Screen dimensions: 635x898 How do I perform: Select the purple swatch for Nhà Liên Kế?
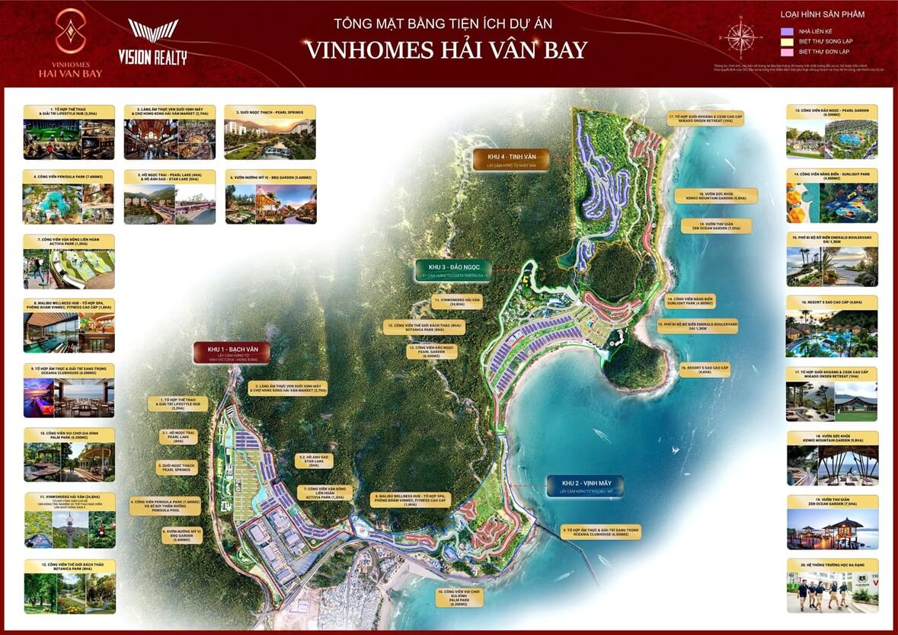point(788,31)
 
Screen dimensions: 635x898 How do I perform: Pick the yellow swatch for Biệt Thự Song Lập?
point(788,42)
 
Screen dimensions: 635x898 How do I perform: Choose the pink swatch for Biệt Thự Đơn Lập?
point(788,53)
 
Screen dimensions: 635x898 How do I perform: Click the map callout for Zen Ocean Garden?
point(715,226)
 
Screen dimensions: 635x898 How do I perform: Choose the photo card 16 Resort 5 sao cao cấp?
point(832,327)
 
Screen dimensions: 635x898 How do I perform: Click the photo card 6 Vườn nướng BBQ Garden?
point(271,196)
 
